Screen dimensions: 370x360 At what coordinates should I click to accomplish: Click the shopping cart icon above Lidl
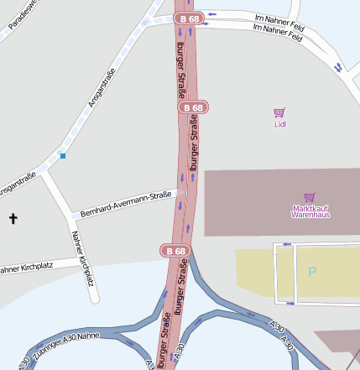[279, 112]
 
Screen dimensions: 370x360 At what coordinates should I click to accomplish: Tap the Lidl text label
[280, 124]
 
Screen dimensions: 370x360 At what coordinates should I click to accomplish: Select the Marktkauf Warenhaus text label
[310, 211]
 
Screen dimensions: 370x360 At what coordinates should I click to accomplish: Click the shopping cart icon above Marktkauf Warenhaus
[310, 197]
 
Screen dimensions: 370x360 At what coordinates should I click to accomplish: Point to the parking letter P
[312, 272]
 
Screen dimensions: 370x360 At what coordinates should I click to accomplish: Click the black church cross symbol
[13, 219]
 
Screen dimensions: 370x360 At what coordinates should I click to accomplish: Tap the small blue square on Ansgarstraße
[63, 155]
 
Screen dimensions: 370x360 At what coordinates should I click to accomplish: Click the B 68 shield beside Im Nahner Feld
[189, 18]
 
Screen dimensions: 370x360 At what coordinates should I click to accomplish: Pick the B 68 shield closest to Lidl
[193, 107]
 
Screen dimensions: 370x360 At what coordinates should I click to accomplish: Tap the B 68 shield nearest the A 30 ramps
[175, 250]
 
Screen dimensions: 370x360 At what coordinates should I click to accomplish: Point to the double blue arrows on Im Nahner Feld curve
[337, 67]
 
